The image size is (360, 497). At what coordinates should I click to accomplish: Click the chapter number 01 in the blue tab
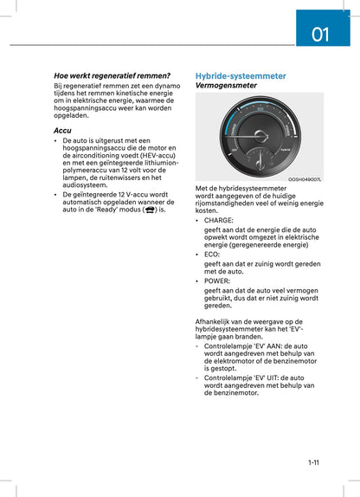321,35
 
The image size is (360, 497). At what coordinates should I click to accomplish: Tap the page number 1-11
313,462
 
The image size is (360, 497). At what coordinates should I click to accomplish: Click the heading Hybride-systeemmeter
241,76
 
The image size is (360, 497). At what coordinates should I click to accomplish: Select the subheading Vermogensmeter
226,86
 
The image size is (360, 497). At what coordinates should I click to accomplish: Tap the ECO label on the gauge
260,110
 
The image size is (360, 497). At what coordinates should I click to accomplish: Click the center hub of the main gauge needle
260,136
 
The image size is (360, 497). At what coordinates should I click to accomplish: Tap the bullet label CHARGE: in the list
219,221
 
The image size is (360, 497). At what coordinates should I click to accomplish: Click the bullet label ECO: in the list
212,255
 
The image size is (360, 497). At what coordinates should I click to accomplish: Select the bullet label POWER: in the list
217,281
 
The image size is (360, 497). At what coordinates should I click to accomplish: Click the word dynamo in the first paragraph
164,87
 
